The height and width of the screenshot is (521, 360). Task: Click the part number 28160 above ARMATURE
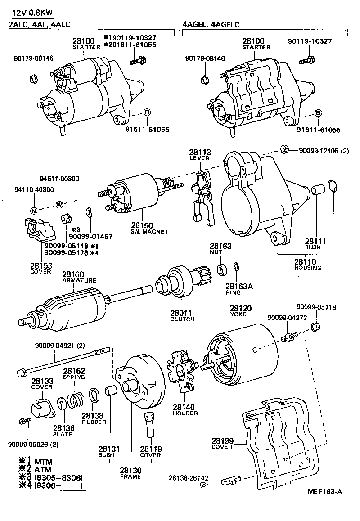coord(72,274)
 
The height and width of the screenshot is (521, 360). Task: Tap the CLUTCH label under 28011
coord(182,319)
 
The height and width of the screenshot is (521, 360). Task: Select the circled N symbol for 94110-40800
coord(33,211)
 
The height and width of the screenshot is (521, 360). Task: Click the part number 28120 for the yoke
coord(240,309)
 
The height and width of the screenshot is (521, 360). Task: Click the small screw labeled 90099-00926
coord(24,421)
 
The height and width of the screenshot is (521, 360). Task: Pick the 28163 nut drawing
coord(222,270)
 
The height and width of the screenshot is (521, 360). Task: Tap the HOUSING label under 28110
coord(308,268)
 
